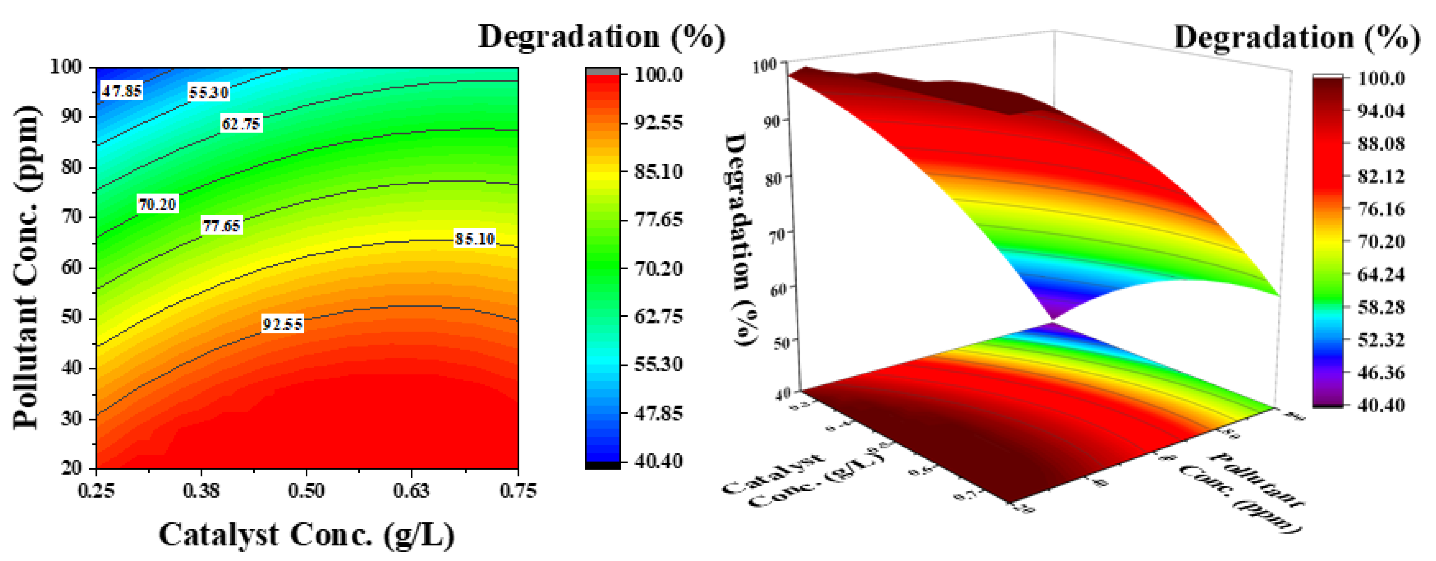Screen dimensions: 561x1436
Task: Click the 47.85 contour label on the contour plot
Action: (x=122, y=90)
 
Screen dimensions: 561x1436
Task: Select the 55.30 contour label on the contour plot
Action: (x=208, y=92)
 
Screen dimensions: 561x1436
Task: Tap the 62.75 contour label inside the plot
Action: (x=241, y=123)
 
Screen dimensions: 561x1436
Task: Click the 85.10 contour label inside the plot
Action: (x=474, y=239)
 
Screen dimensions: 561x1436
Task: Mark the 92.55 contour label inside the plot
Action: (x=283, y=324)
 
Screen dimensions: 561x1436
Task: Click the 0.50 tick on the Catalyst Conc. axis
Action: (x=306, y=491)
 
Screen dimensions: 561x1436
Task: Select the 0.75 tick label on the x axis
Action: (x=518, y=491)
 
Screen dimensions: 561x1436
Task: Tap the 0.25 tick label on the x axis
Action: (x=96, y=491)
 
